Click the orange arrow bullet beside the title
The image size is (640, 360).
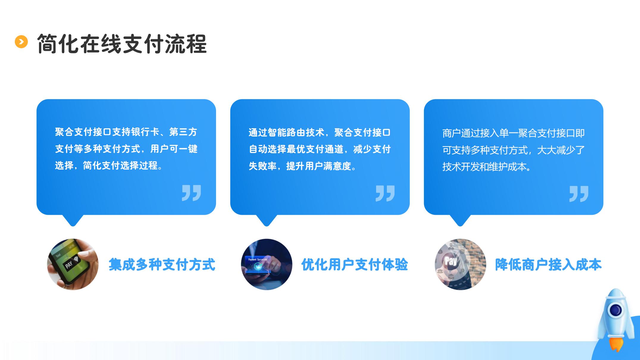21,42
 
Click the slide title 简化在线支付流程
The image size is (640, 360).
122,44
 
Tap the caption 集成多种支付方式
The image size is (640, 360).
162,264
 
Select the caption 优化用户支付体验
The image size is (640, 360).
355,264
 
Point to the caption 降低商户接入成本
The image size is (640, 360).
548,264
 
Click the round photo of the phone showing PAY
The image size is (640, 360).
73,264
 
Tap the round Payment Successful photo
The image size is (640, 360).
267,264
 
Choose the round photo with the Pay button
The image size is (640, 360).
460,264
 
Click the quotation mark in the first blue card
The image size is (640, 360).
192,193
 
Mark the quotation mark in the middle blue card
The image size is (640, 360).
385,193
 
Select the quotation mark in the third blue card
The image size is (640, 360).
579,194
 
